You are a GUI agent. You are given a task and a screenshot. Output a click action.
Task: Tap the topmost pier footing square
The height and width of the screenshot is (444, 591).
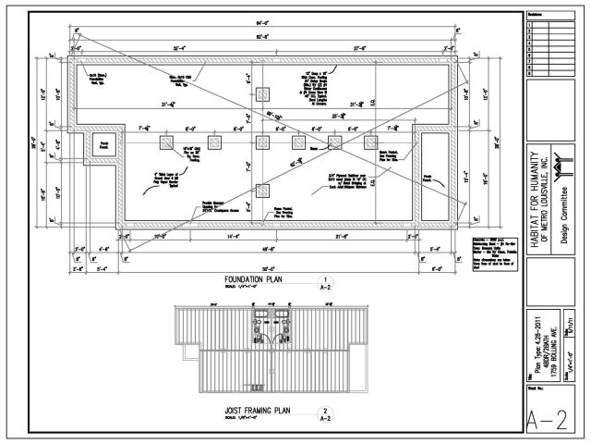click(263, 93)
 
